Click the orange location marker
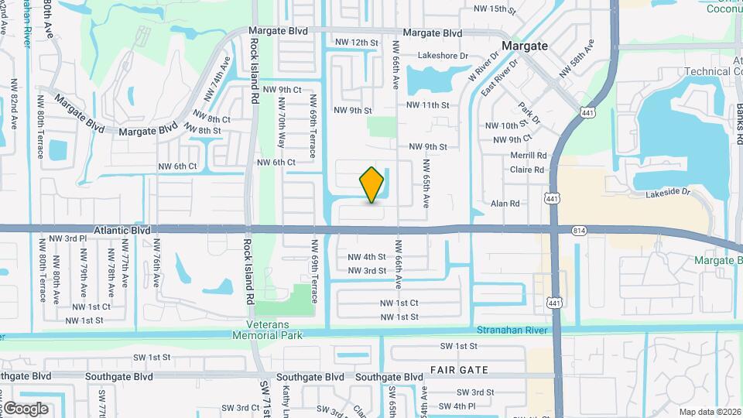tap(372, 185)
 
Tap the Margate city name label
tap(525, 46)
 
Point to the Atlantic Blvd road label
tap(122, 230)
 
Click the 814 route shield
tap(579, 231)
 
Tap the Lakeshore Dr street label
tap(443, 56)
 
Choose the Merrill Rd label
tap(529, 156)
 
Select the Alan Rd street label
tap(505, 204)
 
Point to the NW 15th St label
tap(494, 9)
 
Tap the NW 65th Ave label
tap(426, 183)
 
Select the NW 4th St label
tap(367, 257)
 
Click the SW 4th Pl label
tap(456, 406)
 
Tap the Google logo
tap(25, 409)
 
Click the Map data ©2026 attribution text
tap(710, 412)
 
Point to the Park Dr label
tap(529, 113)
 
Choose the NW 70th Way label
tap(281, 125)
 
